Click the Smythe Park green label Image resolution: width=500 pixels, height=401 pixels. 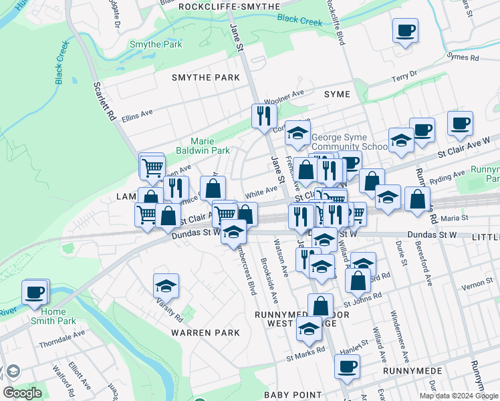pyautogui.click(x=156, y=45)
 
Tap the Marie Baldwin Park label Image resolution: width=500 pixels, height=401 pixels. pyautogui.click(x=211, y=146)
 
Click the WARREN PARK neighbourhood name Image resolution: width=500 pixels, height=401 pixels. pyautogui.click(x=205, y=332)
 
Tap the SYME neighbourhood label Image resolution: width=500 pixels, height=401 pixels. pyautogui.click(x=337, y=94)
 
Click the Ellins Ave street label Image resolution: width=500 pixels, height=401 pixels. pyautogui.click(x=138, y=117)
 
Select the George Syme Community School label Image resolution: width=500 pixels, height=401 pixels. pyautogui.click(x=349, y=142)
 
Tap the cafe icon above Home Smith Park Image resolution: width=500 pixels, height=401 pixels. pyautogui.click(x=35, y=292)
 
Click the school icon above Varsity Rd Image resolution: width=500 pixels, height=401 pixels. pyautogui.click(x=166, y=286)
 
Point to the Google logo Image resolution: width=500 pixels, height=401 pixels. pyautogui.click(x=23, y=393)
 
